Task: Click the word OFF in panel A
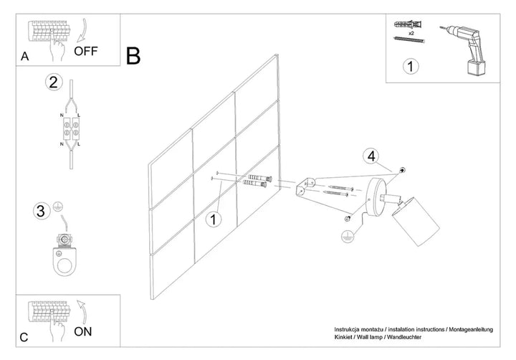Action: coord(86,51)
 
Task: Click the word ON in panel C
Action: coord(83,332)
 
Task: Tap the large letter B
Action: coord(133,56)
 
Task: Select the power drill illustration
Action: coord(464,49)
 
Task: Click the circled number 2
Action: coord(54,82)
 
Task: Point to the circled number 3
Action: coord(41,211)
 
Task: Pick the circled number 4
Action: coord(371,156)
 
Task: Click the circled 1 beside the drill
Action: coord(411,66)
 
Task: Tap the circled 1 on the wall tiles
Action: coord(214,219)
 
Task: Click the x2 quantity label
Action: coord(411,34)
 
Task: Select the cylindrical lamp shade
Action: coord(416,221)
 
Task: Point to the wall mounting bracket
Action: coord(306,187)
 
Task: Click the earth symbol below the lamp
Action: coord(347,236)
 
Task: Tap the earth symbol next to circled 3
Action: coord(58,207)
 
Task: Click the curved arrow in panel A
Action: coord(82,31)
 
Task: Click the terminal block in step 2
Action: coord(71,128)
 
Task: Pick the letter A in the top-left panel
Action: coord(24,57)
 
